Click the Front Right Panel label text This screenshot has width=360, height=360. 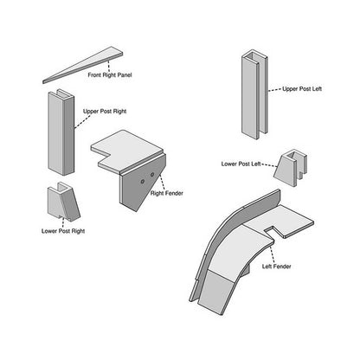(x=110, y=75)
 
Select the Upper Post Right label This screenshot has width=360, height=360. (x=105, y=112)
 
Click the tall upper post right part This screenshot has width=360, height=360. (x=61, y=132)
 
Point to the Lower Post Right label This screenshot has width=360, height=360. (x=63, y=231)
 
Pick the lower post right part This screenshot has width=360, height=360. (x=63, y=202)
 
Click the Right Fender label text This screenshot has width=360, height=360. (x=167, y=193)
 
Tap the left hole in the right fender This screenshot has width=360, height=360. (x=143, y=182)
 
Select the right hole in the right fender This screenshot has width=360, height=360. (x=152, y=175)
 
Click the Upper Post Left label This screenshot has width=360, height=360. (x=302, y=89)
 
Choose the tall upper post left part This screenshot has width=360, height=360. (x=254, y=94)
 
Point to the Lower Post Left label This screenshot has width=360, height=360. (x=241, y=164)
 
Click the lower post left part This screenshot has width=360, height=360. (x=290, y=168)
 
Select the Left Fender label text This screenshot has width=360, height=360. (x=276, y=267)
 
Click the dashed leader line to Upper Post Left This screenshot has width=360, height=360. (x=275, y=90)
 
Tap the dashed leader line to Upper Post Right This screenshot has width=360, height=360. (x=80, y=122)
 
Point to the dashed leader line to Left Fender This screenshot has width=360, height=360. (x=272, y=254)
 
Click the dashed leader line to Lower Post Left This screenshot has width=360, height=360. (x=269, y=165)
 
